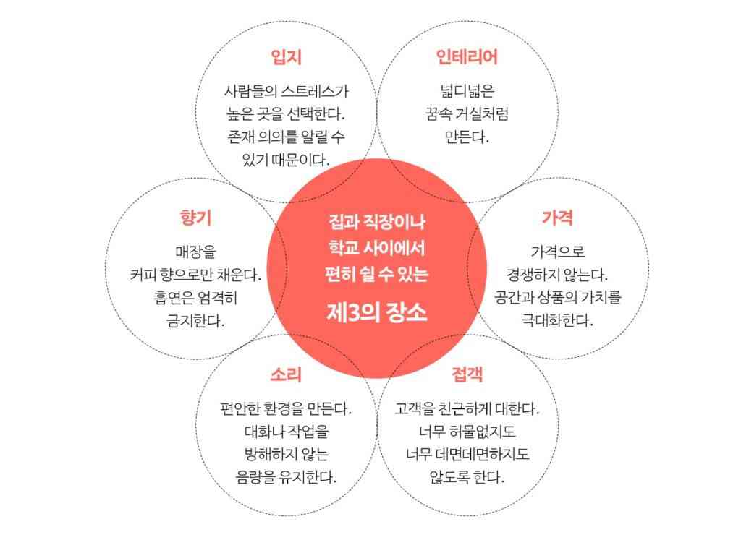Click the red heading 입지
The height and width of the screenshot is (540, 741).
point(287,56)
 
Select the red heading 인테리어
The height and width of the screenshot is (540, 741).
point(467,56)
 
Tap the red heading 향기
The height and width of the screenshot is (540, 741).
point(195,218)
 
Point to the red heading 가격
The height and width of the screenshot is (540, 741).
point(558,218)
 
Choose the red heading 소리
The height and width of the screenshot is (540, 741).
point(287,374)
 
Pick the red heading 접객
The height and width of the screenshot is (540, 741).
point(467,374)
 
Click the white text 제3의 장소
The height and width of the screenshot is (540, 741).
point(376,312)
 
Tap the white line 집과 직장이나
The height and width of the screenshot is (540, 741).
point(376,222)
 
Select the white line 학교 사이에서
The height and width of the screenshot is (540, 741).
point(376,248)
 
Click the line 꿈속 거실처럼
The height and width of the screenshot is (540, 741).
point(467,113)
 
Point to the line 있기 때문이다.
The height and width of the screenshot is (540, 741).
point(286,160)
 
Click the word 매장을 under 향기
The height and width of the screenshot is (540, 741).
point(195,252)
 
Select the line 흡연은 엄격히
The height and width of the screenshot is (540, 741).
point(195,297)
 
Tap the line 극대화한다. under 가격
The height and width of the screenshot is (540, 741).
point(557,320)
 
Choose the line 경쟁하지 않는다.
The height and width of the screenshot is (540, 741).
point(557,275)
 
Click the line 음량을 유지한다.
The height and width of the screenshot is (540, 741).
point(286,477)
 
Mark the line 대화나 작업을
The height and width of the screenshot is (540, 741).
point(287,432)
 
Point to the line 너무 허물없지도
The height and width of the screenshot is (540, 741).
point(467,432)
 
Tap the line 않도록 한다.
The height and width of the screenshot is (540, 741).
point(467,477)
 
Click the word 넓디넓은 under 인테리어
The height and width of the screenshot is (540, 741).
point(467,90)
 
